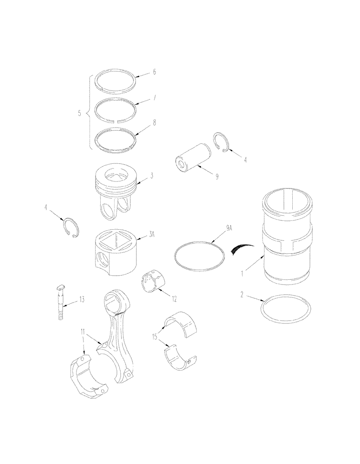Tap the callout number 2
(242, 295)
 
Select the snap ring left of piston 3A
(72, 227)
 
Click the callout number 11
(82, 332)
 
